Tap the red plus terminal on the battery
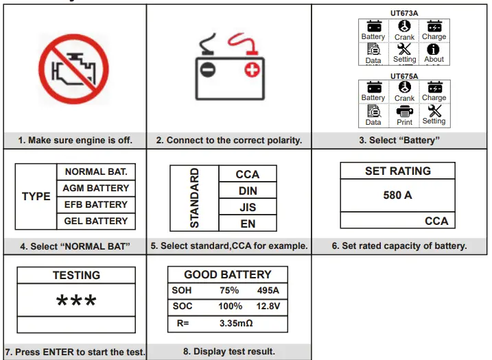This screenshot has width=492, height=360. click(253, 69)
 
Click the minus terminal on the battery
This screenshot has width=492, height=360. click(207, 69)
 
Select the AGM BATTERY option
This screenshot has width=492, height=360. click(95, 188)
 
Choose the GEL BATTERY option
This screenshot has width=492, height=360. click(95, 221)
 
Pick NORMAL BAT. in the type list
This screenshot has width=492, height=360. click(95, 171)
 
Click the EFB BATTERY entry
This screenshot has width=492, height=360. click(95, 204)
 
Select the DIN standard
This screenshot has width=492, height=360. click(247, 190)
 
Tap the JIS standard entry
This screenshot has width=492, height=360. click(247, 206)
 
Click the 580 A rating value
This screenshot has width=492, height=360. click(397, 195)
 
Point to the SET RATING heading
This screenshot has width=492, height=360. click(397, 171)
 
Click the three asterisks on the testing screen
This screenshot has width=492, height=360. click(76, 302)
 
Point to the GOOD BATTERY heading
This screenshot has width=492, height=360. click(228, 274)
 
